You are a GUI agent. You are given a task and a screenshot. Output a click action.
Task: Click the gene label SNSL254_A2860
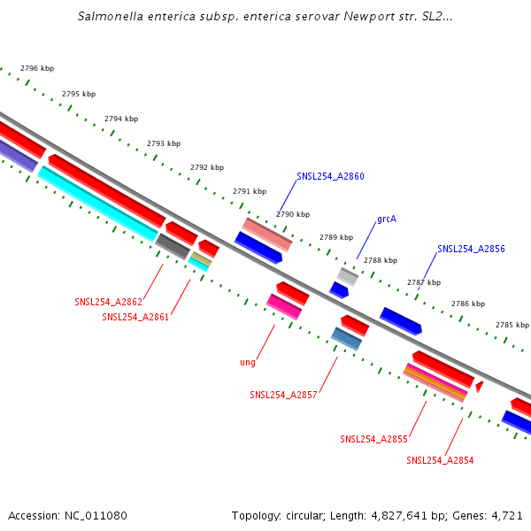tap(330, 176)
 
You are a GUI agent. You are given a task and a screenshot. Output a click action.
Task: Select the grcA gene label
tap(386, 218)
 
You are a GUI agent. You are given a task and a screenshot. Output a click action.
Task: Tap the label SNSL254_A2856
tap(471, 249)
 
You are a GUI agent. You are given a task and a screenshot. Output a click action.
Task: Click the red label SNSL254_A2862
tap(108, 302)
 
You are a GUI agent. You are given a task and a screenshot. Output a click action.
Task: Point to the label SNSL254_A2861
tap(135, 317)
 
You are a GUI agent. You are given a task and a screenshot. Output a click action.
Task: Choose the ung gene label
tap(248, 362)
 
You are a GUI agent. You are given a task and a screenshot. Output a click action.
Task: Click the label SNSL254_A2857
tap(283, 395)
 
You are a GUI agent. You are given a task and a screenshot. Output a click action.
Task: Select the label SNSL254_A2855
tap(373, 438)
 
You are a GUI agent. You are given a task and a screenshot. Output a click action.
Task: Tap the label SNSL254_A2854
tap(440, 460)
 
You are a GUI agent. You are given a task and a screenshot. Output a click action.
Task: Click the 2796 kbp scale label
tap(36, 68)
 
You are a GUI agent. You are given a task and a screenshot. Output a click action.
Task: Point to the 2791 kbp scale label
tap(250, 191)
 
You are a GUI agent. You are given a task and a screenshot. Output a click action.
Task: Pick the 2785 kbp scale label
tap(512, 325)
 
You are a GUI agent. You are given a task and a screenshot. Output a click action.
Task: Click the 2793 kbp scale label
tap(164, 143)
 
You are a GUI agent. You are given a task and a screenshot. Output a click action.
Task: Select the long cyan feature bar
tap(97, 204)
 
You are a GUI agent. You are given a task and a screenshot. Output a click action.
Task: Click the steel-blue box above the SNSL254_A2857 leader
tap(347, 338)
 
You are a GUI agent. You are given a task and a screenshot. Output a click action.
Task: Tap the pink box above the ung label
tap(284, 306)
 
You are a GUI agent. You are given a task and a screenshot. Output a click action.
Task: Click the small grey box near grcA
tap(347, 276)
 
